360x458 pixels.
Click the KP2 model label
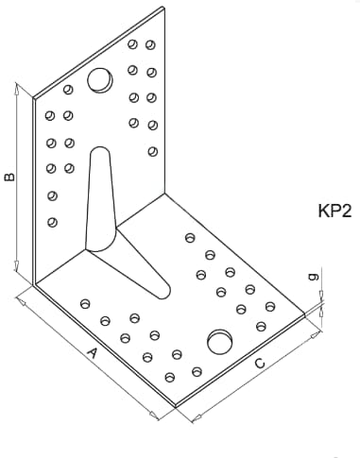point(334,211)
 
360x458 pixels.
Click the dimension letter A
point(92,353)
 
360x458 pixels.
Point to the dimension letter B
point(9,177)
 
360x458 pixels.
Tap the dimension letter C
point(260,364)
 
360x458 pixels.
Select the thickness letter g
point(314,277)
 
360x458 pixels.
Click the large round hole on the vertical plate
point(100,80)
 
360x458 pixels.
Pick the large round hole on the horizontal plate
point(220,342)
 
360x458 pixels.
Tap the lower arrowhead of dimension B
point(16,266)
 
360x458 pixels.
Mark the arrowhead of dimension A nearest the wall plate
point(22,302)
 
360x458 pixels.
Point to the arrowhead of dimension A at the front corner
point(154,416)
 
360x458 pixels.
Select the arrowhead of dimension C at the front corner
point(197,418)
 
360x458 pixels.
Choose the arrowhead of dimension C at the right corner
point(314,336)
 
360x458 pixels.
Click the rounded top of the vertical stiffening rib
point(100,147)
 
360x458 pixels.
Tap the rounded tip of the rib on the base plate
point(166,294)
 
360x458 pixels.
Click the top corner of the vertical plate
point(163,7)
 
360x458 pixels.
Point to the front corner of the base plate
point(176,406)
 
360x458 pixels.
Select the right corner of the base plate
point(305,314)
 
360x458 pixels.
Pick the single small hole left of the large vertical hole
point(68,90)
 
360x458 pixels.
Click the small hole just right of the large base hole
point(261,327)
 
